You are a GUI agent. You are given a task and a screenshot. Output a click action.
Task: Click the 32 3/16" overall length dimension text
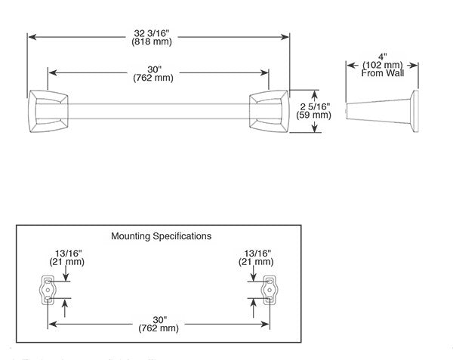point(159,33)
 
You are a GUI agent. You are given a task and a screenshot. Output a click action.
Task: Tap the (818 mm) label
point(159,42)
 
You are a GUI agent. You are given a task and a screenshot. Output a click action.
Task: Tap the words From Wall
point(382,73)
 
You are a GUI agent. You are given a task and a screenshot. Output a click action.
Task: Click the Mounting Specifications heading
point(161,236)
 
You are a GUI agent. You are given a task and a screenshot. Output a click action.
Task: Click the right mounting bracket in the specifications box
point(269,290)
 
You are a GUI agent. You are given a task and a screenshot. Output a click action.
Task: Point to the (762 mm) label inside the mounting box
point(159,329)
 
